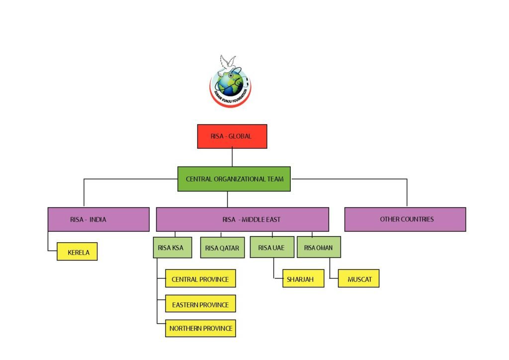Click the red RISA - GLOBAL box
232,136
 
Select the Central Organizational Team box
234,179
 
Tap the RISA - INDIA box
99,219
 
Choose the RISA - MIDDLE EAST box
243,219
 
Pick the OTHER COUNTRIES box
405,219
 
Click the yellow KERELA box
77,252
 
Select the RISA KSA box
172,247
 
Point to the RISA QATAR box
222,247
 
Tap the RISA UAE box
272,247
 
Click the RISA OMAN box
319,247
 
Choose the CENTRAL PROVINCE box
201,278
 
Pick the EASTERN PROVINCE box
201,303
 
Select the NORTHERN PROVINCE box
201,328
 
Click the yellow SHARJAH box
303,278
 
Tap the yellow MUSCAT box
359,278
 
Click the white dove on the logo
227,65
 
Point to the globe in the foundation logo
230,84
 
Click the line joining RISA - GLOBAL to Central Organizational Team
232,158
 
